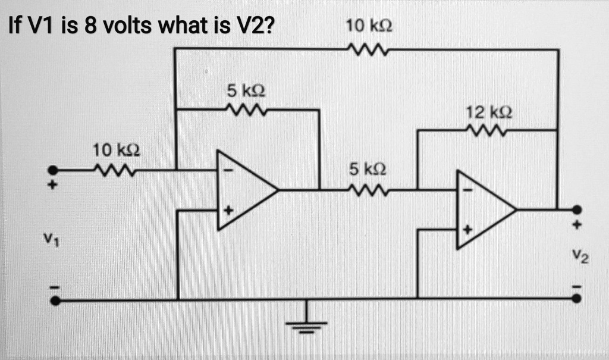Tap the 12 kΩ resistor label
point(489,112)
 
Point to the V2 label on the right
point(580,256)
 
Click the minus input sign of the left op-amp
point(228,170)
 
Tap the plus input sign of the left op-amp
point(229,211)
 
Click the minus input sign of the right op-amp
point(468,190)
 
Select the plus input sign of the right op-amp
point(468,230)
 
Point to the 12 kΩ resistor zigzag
point(488,131)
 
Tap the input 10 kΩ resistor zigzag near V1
point(115,170)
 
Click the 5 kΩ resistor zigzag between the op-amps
point(368,190)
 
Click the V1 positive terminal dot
point(53,170)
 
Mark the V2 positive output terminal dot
point(577,210)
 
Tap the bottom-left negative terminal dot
point(55,300)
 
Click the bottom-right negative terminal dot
point(577,299)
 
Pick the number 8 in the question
point(90,26)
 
